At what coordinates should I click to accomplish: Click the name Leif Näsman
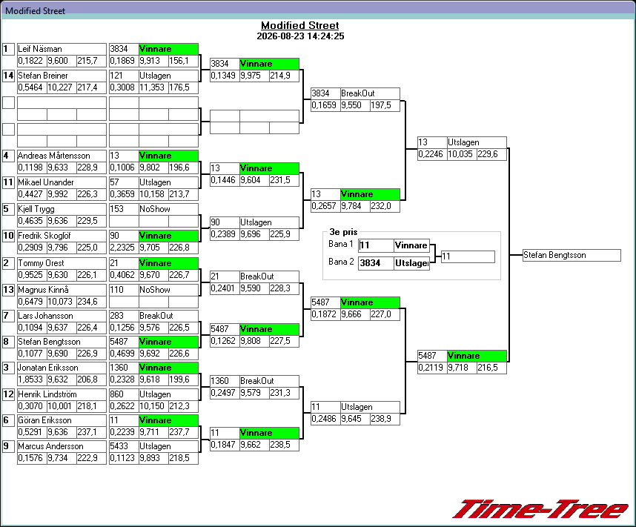pos(40,49)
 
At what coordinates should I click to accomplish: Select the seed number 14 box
pos(8,76)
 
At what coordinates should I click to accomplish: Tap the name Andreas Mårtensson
pos(54,156)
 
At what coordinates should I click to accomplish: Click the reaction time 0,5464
pos(30,87)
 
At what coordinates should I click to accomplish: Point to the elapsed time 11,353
pos(152,87)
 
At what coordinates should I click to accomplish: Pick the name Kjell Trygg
pos(36,209)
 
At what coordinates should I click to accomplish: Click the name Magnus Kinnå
pos(43,290)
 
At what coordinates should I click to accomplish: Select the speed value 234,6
pos(87,302)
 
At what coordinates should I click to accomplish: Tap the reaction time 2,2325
pos(122,248)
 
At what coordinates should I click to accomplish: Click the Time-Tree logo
pos(540,508)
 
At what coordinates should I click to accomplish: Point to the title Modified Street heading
pos(299,25)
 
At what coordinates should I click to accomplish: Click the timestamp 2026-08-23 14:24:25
pos(300,36)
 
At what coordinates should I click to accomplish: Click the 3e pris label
pos(343,232)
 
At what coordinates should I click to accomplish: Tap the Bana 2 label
pos(341,262)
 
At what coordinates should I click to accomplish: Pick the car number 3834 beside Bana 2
pos(371,263)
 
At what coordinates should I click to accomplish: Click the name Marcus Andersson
pos(50,446)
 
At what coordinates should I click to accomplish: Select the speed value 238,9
pos(381,419)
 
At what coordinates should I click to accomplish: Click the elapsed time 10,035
pos(460,154)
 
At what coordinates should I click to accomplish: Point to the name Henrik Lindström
pos(47,394)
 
